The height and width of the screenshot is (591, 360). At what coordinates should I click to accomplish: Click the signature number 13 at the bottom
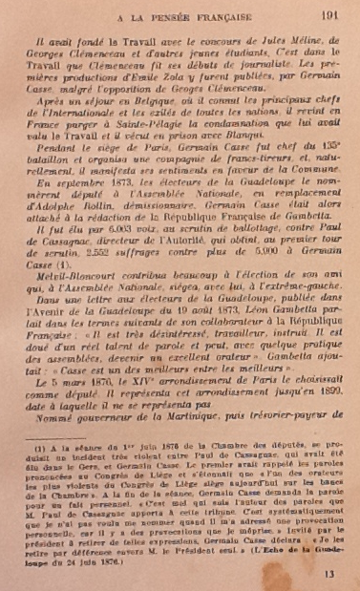pos(330,574)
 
